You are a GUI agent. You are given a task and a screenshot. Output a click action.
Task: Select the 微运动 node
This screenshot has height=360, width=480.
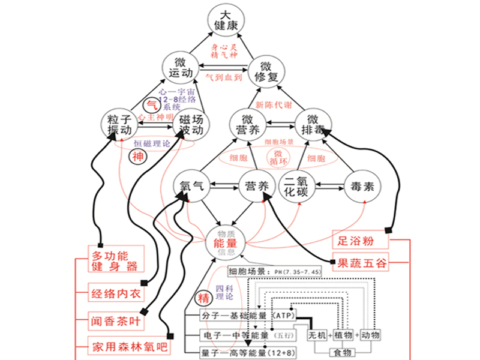(x=181, y=67)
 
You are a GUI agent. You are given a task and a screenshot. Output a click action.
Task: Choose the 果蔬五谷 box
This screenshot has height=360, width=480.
(x=362, y=262)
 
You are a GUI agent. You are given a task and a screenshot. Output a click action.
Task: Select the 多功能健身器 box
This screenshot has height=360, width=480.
(x=118, y=257)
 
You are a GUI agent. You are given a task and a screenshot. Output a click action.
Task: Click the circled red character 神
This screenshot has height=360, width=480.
(x=138, y=158)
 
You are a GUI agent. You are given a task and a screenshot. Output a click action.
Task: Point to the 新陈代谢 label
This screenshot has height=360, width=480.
(x=275, y=103)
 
